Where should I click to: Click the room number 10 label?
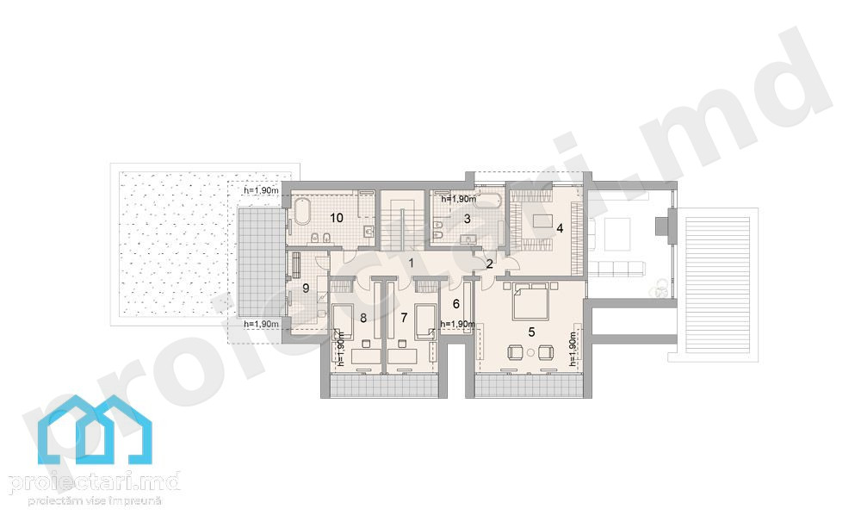336,218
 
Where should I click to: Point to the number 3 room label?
467,219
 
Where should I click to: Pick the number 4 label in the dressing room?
560,228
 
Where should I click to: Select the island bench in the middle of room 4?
542,220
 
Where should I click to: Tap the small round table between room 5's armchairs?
530,351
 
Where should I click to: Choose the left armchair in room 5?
516,352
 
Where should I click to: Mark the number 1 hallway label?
411,263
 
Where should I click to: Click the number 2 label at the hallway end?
489,264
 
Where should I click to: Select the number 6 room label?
455,304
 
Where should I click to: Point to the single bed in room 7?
426,321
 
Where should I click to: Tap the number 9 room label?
306,288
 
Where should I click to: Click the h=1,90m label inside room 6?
457,324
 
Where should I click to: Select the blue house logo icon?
95,430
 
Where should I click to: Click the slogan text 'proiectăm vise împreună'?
95,500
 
